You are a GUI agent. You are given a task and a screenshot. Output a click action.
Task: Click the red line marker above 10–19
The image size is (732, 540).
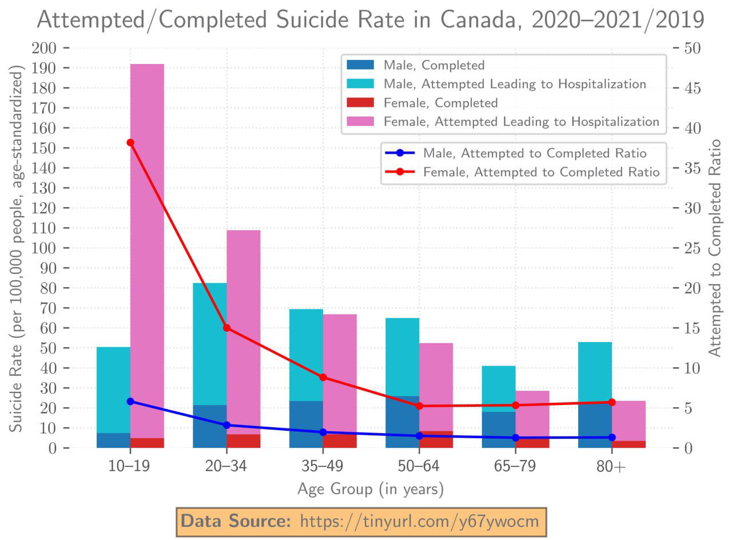pyautogui.click(x=130, y=142)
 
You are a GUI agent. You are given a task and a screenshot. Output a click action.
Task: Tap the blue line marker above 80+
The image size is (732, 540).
pyautogui.click(x=612, y=438)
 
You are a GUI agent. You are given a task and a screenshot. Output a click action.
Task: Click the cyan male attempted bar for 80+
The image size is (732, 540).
pyautogui.click(x=595, y=372)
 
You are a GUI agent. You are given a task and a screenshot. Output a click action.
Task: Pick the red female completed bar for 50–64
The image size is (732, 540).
pyautogui.click(x=436, y=439)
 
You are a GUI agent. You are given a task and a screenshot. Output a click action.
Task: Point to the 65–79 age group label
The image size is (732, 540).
pyautogui.click(x=515, y=466)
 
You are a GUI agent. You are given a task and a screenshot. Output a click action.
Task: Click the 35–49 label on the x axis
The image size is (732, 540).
pyautogui.click(x=322, y=466)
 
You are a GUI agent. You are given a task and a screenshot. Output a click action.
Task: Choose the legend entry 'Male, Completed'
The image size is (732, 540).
pyautogui.click(x=434, y=65)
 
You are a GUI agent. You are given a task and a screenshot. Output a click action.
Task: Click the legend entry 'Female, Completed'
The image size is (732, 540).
pyautogui.click(x=441, y=103)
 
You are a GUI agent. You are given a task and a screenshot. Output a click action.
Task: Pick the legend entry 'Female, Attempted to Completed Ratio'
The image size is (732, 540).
pyautogui.click(x=541, y=172)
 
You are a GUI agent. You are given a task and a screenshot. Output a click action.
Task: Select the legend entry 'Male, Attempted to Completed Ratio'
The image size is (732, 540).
pyautogui.click(x=535, y=153)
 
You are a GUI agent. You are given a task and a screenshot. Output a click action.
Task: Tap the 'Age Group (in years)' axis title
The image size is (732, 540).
pyautogui.click(x=371, y=489)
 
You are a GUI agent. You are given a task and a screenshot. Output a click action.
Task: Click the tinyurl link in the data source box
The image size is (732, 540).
pyautogui.click(x=419, y=521)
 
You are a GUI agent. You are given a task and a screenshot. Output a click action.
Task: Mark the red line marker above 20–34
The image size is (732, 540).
pyautogui.click(x=227, y=328)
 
